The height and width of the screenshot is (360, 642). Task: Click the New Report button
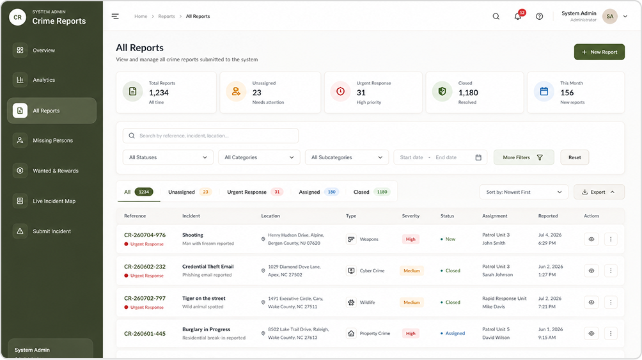pyautogui.click(x=599, y=52)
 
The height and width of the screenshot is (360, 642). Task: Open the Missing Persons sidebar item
pyautogui.click(x=52, y=141)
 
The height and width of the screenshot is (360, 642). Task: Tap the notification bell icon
pyautogui.click(x=518, y=17)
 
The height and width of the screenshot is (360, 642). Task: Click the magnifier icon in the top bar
pyautogui.click(x=496, y=17)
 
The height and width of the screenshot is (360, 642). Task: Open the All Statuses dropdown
pyautogui.click(x=168, y=157)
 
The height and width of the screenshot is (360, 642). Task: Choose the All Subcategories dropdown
pyautogui.click(x=347, y=157)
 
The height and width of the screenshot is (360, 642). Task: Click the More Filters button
pyautogui.click(x=524, y=157)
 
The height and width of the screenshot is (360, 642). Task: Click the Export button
pyautogui.click(x=599, y=192)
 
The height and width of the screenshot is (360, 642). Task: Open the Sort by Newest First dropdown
pyautogui.click(x=524, y=192)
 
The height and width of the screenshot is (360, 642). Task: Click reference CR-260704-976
pyautogui.click(x=145, y=235)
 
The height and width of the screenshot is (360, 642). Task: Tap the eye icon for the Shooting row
pyautogui.click(x=591, y=239)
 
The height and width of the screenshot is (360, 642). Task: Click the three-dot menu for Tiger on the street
pyautogui.click(x=611, y=302)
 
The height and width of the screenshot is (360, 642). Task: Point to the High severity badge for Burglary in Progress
pyautogui.click(x=411, y=333)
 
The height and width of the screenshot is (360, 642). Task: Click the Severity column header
pyautogui.click(x=411, y=216)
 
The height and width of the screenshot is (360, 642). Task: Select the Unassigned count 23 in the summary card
pyautogui.click(x=256, y=93)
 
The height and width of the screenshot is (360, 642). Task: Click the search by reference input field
pyautogui.click(x=210, y=136)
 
